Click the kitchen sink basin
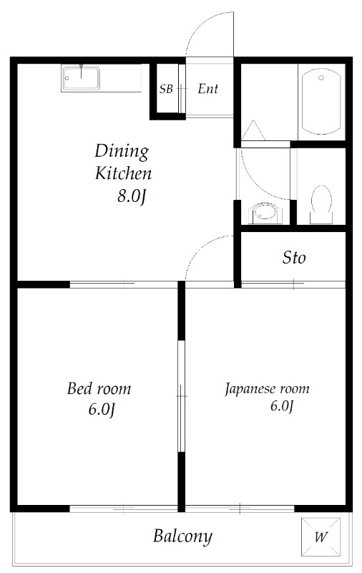(81, 78)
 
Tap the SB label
(166, 89)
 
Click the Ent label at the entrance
(208, 89)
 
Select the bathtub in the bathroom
(321, 102)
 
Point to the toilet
(321, 205)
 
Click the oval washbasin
(265, 213)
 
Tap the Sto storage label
(294, 258)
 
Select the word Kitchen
(123, 173)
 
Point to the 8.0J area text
(132, 197)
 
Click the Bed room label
(99, 388)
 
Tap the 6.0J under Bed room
(102, 410)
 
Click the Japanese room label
(267, 389)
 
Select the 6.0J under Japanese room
(282, 406)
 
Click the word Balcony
(182, 536)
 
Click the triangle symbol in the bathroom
(253, 130)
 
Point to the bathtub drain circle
(321, 78)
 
